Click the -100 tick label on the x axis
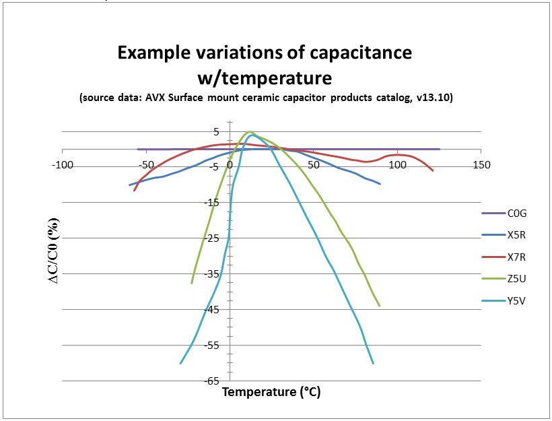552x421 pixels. pos(62,165)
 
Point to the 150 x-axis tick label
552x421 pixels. pos(481,165)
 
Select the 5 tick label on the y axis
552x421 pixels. pos(217,132)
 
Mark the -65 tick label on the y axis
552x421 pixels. pos(213,381)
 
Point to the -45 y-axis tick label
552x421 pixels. pos(213,310)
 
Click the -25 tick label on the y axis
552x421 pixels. pos(213,238)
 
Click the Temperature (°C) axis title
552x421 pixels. pos(271,392)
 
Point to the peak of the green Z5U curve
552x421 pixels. pos(250,132)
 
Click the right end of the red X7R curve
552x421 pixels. pos(433,170)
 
